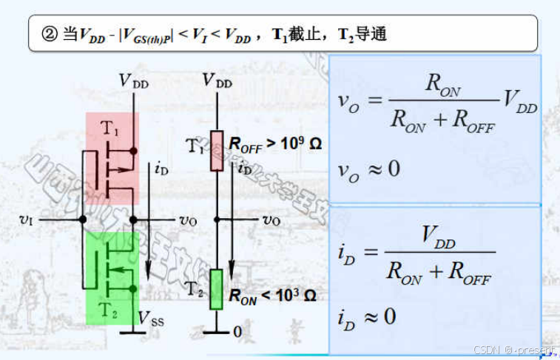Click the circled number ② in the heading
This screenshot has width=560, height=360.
coord(49,33)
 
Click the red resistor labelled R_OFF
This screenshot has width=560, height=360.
coord(217,151)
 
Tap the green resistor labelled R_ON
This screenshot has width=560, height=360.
coord(217,289)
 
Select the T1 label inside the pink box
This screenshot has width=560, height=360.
coord(109,128)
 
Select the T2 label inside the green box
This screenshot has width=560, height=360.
coord(110,310)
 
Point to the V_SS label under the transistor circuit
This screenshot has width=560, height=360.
coord(151,319)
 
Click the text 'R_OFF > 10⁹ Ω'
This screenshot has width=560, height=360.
coord(275,143)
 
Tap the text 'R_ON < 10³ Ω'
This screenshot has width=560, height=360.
coord(272,296)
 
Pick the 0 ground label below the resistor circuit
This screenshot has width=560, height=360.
coord(237,333)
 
